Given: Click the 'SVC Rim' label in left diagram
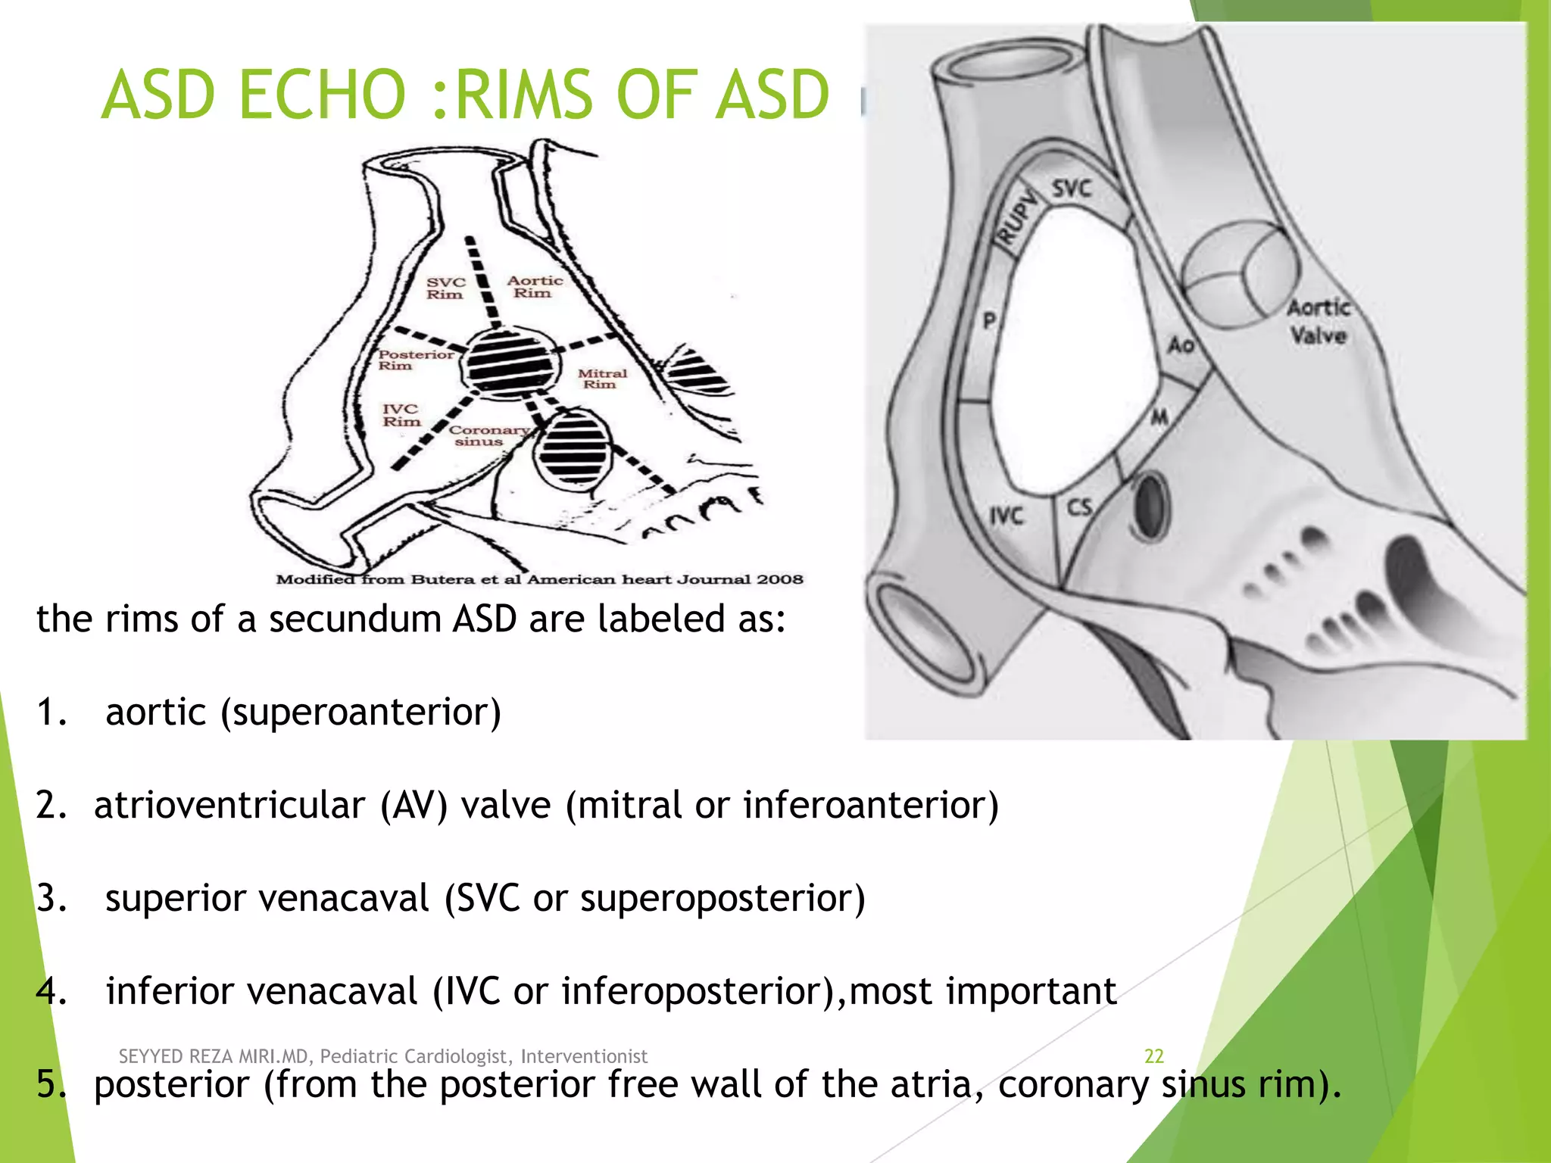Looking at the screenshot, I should point(445,288).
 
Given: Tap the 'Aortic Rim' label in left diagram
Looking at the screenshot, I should point(535,287).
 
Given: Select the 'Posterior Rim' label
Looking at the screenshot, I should point(415,360).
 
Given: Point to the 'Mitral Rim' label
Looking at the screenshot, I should point(602,379).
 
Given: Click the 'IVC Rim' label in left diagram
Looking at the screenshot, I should point(401,415).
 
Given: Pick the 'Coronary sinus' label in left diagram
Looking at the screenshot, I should point(488,435).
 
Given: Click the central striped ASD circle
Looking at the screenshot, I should point(509,362).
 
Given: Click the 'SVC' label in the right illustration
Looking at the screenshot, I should point(1072,188).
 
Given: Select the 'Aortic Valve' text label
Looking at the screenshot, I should point(1319,321).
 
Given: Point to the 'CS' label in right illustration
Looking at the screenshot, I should point(1079,507).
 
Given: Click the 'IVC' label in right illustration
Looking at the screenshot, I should point(1006,516).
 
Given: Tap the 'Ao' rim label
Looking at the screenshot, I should point(1181,345).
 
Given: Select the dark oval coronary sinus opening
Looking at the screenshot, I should point(1151,505).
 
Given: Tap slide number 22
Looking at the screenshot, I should point(1153,1056).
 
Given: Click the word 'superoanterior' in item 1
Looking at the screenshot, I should point(360,712).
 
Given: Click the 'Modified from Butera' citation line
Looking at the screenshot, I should point(539,579).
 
